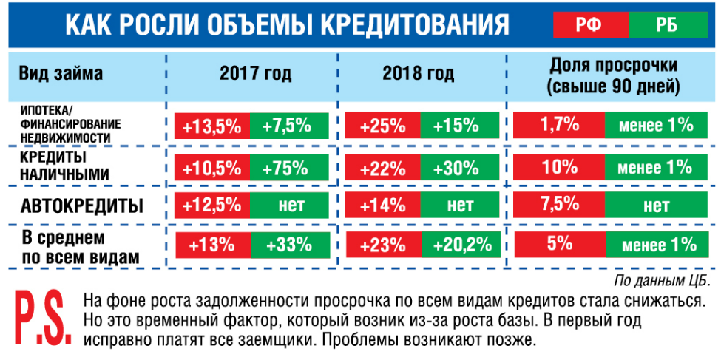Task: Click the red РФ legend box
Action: coord(590,26)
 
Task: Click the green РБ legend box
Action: coord(665,26)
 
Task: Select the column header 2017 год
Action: coord(255,74)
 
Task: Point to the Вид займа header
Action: coord(61,74)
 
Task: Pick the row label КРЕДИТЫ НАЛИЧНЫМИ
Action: coord(65,166)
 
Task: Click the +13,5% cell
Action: coord(212,126)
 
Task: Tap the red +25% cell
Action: coord(382,126)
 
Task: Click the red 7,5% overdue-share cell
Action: coord(559,205)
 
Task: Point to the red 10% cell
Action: coord(559,166)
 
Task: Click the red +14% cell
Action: coord(382,205)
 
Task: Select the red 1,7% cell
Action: coord(559,126)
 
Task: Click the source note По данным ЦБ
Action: coord(661,280)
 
